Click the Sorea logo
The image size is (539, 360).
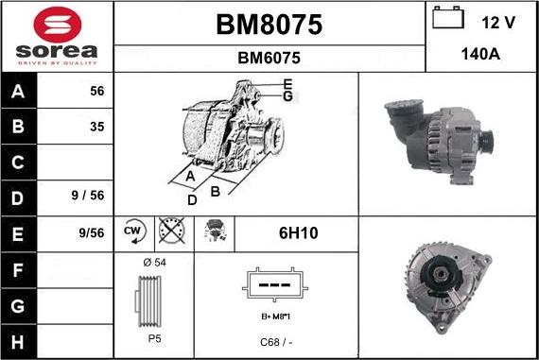tap(57, 35)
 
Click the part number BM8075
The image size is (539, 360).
tap(269, 26)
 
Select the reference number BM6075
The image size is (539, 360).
tap(269, 58)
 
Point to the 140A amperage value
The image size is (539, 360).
tap(480, 55)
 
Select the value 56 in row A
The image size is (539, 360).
tap(96, 92)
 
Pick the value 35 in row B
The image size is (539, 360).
tap(96, 127)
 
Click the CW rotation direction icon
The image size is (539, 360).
tap(133, 231)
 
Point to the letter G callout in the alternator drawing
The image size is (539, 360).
tap(287, 96)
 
